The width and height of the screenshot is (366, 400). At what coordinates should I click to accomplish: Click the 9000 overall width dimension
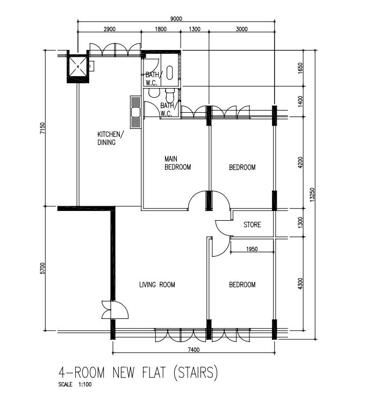pyautogui.click(x=176, y=19)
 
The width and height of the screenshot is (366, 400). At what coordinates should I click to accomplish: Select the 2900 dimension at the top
pyautogui.click(x=109, y=29)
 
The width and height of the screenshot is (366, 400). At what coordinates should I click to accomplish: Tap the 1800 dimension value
pyautogui.click(x=161, y=29)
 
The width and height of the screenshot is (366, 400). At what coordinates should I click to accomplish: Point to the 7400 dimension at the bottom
pyautogui.click(x=193, y=350)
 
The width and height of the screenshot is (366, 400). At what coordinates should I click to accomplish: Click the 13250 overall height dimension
pyautogui.click(x=312, y=195)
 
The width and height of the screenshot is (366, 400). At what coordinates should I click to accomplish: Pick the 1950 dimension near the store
pyautogui.click(x=252, y=249)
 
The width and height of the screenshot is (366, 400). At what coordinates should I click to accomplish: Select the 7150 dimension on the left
pyautogui.click(x=42, y=128)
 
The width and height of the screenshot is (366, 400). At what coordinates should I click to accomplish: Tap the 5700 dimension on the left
pyautogui.click(x=42, y=268)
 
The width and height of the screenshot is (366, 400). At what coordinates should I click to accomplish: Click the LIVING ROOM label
pyautogui.click(x=157, y=285)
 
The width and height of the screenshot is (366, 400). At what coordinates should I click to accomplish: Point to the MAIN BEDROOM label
pyautogui.click(x=177, y=163)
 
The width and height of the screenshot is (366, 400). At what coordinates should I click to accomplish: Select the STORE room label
pyautogui.click(x=252, y=224)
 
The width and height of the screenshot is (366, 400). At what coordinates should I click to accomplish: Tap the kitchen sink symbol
pyautogui.click(x=135, y=112)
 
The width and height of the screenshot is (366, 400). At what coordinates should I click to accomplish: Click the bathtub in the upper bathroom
pyautogui.click(x=170, y=72)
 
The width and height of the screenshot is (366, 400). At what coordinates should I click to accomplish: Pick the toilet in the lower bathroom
pyautogui.click(x=170, y=95)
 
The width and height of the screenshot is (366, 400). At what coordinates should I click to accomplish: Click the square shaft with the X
pyautogui.click(x=78, y=67)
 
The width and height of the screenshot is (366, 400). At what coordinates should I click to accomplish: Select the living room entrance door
pyautogui.click(x=114, y=310)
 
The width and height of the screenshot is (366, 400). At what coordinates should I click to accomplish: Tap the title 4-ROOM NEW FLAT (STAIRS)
pyautogui.click(x=138, y=373)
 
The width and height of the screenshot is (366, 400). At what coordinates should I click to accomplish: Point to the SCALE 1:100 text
pyautogui.click(x=75, y=384)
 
